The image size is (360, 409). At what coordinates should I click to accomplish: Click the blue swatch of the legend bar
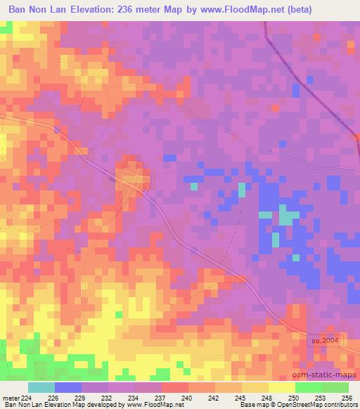point(67,387)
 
